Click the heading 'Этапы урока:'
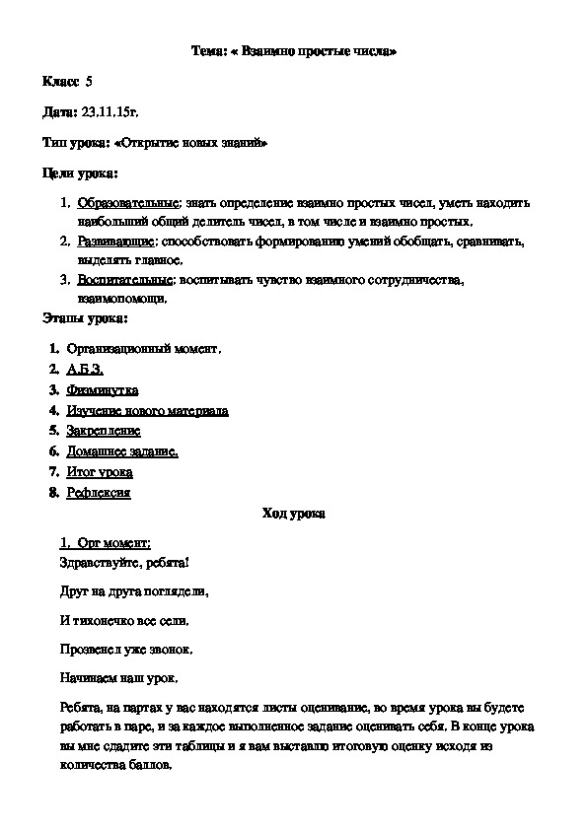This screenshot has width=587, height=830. click(84, 318)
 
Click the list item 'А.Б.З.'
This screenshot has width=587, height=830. click(85, 370)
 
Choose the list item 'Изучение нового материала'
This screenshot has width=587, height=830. click(147, 411)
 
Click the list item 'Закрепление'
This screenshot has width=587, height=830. click(104, 431)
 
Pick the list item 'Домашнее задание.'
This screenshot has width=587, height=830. click(122, 451)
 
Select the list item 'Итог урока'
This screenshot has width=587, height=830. click(100, 472)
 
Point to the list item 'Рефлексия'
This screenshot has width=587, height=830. click(99, 493)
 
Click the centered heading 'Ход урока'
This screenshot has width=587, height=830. click(293, 514)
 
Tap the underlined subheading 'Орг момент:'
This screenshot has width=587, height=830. click(112, 543)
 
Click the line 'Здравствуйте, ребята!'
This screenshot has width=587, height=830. click(122, 563)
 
